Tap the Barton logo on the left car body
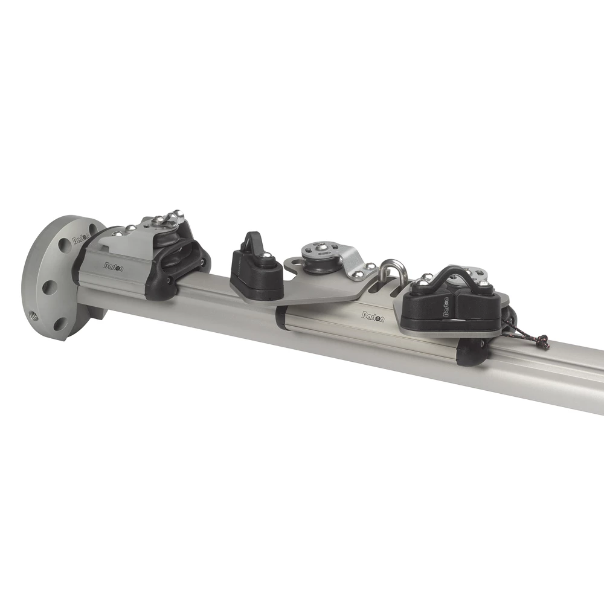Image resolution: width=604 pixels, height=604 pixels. [113, 266]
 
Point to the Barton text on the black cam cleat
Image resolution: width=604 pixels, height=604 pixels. [446, 307]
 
